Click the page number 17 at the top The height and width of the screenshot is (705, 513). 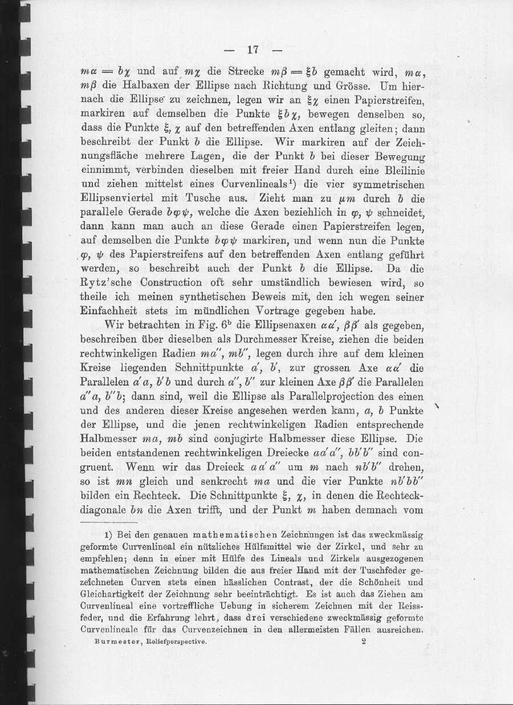coord(254,50)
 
